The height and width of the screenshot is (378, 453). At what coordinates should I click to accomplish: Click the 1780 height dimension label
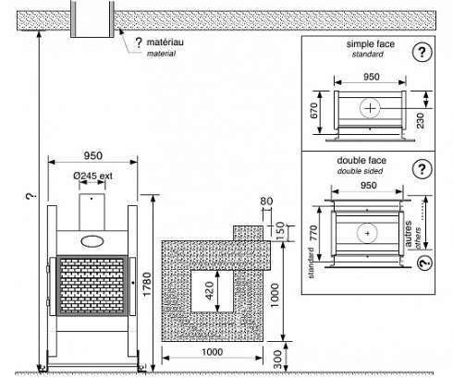(x=147, y=285)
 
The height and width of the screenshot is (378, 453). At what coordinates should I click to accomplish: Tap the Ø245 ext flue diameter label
(x=92, y=176)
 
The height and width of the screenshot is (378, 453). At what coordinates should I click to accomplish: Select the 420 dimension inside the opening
(x=209, y=290)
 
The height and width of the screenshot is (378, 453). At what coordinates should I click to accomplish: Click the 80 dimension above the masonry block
(x=266, y=201)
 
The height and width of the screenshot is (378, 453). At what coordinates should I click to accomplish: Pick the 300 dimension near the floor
(x=277, y=360)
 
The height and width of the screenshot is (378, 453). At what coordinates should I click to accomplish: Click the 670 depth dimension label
(x=313, y=111)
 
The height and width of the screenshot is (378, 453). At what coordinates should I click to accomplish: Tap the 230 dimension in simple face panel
(x=420, y=120)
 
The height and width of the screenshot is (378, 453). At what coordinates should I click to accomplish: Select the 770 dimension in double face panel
(x=313, y=233)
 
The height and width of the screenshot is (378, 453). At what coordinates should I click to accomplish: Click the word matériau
(x=165, y=42)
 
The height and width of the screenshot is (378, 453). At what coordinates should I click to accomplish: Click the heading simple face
(x=371, y=44)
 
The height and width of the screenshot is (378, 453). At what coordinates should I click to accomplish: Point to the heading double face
(x=361, y=161)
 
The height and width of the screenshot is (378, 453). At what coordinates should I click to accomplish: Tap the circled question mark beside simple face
(x=422, y=52)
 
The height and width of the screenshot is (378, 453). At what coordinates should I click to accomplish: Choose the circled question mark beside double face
(x=422, y=169)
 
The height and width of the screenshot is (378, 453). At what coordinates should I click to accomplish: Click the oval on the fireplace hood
(x=92, y=241)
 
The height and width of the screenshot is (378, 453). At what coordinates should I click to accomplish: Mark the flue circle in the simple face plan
(x=370, y=108)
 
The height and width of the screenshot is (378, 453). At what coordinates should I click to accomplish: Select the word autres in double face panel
(x=408, y=233)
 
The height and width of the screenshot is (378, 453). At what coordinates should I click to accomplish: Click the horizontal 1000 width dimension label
(x=212, y=352)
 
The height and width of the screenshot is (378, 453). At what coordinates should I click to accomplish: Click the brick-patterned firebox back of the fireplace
(x=92, y=286)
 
